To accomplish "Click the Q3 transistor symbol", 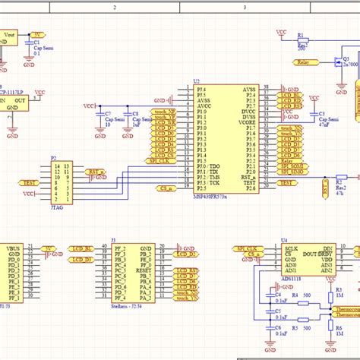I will pos(339,67).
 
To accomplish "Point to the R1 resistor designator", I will pos(300,36).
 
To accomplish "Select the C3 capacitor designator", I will pos(313,113).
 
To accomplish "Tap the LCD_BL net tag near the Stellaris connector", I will pos(83,248).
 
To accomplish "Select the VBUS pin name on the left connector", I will pos(13,248).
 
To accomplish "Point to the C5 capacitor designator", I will pos(278,311).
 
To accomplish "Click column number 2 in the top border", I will pos(114,6).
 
